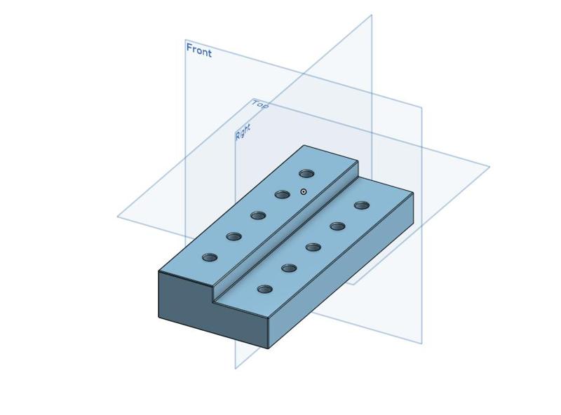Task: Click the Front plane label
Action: pos(198,50)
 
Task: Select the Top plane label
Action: pos(260,104)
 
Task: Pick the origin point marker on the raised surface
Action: pos(304,191)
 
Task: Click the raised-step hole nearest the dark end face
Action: pos(210,257)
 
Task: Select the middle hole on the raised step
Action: pos(258,215)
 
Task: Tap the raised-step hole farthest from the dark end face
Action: pos(306,173)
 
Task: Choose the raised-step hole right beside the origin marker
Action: pos(283,194)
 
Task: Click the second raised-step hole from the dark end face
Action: pos(234,236)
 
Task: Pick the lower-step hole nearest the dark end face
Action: pos(264,289)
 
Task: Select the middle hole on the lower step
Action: pos(313,247)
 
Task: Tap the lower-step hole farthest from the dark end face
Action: pos(362,205)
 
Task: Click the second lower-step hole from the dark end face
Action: pos(289,268)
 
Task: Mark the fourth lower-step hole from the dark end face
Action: pos(337,226)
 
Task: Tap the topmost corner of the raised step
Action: pos(304,145)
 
